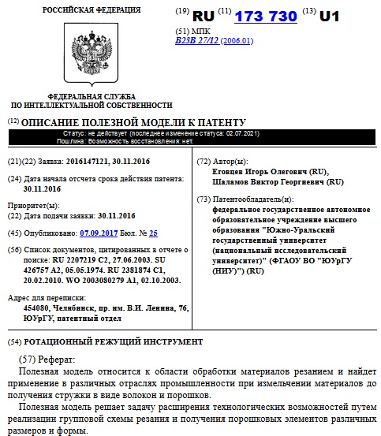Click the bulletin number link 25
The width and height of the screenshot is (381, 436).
pyautogui.click(x=153, y=234)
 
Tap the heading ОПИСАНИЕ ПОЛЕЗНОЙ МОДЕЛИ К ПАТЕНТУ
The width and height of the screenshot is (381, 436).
pyautogui.click(x=133, y=123)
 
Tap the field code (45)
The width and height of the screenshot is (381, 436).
pyautogui.click(x=14, y=234)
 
